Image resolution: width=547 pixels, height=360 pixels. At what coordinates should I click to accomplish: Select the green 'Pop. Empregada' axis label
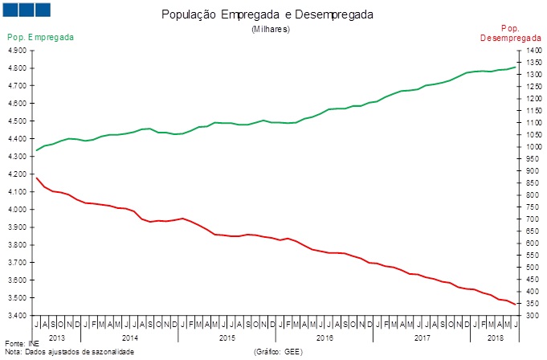41,38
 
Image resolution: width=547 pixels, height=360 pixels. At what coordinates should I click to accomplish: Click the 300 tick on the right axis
532,315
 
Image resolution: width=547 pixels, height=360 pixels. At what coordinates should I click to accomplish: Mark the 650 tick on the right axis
532,231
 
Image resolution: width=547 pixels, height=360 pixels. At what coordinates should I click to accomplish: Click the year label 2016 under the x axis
325,337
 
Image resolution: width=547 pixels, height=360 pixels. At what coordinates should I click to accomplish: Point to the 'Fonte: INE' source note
21,344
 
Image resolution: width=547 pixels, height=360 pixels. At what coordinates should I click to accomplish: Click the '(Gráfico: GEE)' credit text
278,352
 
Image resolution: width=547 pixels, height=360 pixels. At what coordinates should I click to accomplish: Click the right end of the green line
515,67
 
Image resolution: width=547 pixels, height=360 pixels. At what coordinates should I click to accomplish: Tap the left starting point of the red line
36,178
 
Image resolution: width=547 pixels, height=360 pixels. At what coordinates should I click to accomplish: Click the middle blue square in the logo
27,10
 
